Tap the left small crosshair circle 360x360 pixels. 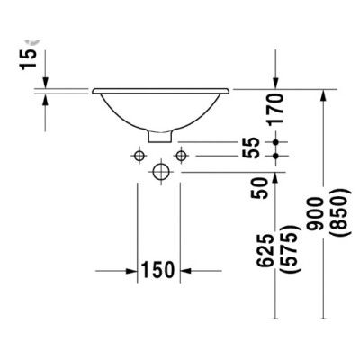coord(139,157)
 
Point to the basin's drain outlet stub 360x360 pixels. coord(159,139)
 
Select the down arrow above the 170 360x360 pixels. coord(275,82)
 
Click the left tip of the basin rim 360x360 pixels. coord(93,89)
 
